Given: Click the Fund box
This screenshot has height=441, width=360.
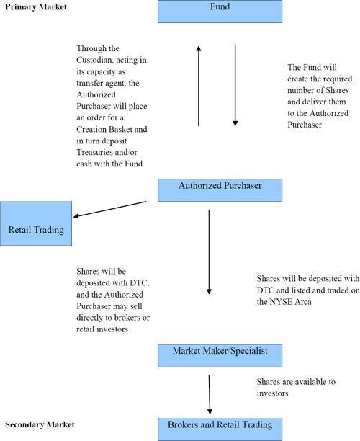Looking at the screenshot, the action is click(x=220, y=12).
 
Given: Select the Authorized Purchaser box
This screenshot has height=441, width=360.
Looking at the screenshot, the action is click(x=220, y=190).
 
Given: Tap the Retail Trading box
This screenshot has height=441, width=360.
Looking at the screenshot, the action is click(x=36, y=223).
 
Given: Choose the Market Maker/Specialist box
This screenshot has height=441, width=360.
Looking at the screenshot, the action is click(x=220, y=355).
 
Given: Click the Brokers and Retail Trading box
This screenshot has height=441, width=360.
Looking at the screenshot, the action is click(x=220, y=429).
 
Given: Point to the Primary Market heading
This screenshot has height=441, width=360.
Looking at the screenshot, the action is click(x=36, y=6).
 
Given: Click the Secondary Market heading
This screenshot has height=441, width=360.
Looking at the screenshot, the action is click(x=40, y=424).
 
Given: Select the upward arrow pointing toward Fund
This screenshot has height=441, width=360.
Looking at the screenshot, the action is click(x=199, y=86).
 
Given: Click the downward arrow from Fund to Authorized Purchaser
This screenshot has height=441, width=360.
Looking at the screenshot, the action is click(x=235, y=86).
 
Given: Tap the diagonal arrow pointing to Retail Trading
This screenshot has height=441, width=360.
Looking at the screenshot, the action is click(x=110, y=209).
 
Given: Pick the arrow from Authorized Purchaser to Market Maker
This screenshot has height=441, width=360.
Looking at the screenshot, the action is click(x=209, y=251).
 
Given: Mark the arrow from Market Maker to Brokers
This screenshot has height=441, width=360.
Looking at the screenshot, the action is click(x=210, y=394).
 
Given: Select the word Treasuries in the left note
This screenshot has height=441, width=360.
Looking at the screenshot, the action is click(x=95, y=152).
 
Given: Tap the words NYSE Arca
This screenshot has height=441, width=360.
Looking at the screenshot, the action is click(x=290, y=302).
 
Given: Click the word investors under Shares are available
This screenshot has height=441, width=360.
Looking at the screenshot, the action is click(x=272, y=393).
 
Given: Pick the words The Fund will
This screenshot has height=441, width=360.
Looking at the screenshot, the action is click(x=312, y=67).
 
